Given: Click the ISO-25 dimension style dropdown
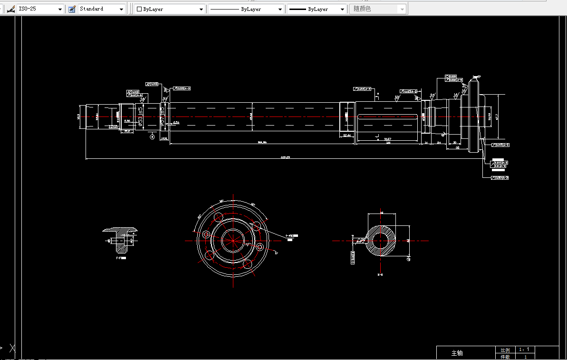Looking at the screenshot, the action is tap(40, 9).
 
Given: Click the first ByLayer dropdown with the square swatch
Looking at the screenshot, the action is tap(170, 9).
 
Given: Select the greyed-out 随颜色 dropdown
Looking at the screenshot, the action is tap(378, 9).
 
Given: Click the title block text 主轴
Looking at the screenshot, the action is tap(457, 353).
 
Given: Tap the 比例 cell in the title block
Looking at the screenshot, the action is tap(505, 350).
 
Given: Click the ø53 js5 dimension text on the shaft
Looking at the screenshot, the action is tap(140, 117).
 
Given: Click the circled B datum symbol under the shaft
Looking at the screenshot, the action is tap(152, 137).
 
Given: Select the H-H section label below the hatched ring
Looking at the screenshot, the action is tap(381, 275).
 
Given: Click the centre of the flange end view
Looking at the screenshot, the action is tap(233, 241).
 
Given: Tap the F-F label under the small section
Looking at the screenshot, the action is tap(121, 258).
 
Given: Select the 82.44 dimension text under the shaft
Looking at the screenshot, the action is tap(347, 136).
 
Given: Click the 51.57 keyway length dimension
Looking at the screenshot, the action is tap(388, 139).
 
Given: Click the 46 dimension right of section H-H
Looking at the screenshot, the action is tap(408, 241).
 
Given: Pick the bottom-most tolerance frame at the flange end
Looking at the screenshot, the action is tap(500, 178).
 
